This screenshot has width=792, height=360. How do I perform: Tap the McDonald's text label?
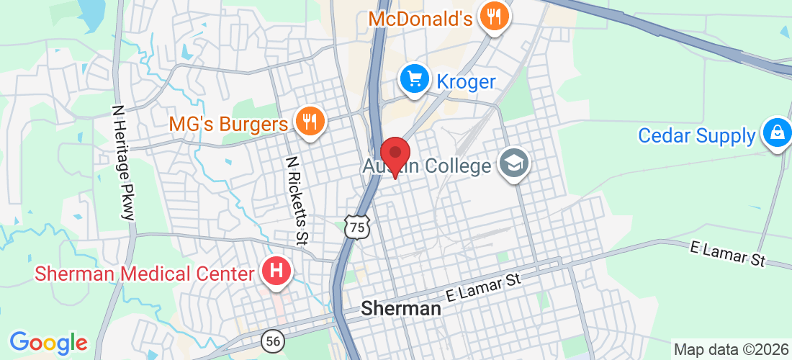pos(420,17)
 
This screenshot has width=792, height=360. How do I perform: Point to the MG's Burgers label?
pos(228,124)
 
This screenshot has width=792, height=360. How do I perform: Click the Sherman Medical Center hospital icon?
pos(276,271)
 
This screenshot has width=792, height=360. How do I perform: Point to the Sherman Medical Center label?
pos(145,274)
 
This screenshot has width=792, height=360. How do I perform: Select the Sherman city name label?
pos(400,309)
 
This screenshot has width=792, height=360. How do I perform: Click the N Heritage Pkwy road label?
pos(123,161)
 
